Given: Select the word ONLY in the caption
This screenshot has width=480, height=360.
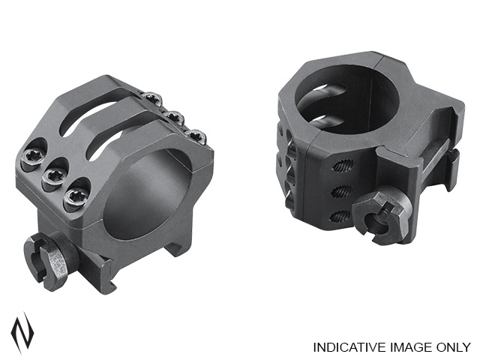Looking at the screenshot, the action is [x=449, y=347].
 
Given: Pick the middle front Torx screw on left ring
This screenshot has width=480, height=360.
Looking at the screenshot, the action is [x=54, y=177].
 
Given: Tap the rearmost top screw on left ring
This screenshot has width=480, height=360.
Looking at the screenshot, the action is [x=152, y=97].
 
